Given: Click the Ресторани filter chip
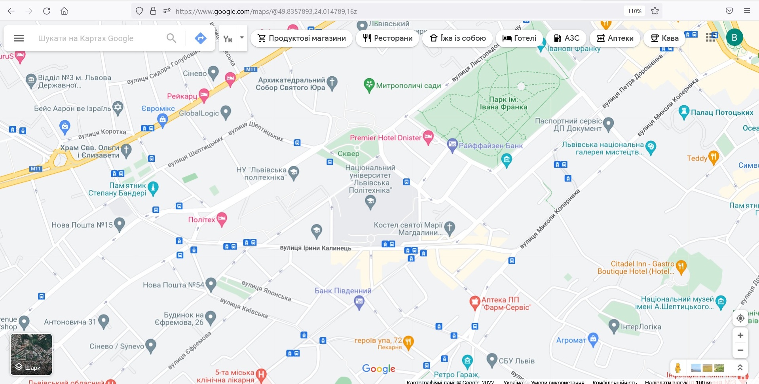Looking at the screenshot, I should click(387, 38).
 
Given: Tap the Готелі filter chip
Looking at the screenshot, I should click(519, 38).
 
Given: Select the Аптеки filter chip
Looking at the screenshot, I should click(615, 38).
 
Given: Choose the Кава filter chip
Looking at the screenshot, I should click(664, 38).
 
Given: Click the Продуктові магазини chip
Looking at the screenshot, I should click(301, 38).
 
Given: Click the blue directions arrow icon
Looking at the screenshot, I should click(201, 38).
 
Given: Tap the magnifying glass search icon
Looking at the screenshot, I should click(171, 38).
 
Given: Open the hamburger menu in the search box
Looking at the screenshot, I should click(19, 38).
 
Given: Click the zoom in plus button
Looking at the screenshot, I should click(740, 335).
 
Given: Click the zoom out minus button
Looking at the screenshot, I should click(740, 350).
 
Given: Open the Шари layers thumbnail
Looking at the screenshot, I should click(31, 354).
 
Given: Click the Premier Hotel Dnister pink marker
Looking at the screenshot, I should click(428, 137).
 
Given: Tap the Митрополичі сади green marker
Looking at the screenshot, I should click(369, 85).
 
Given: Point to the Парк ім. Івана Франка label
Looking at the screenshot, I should click(503, 103).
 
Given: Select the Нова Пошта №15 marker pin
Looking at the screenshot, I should click(119, 224).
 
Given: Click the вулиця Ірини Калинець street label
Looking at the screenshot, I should click(315, 248).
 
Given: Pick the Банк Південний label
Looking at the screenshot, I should click(343, 291).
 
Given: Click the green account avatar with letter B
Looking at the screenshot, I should click(734, 38).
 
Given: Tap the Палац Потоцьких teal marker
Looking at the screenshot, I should click(683, 112).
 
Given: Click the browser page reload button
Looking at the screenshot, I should click(47, 11).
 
